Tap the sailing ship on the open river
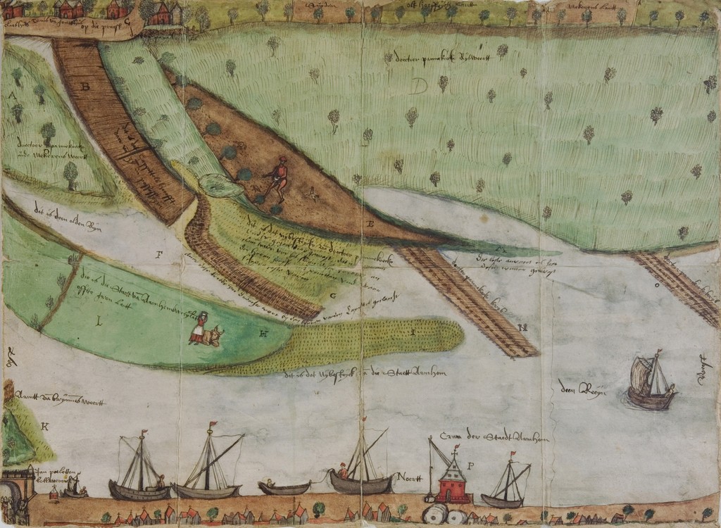pos(651,384)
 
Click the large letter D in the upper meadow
pos(420,87)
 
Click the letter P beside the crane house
pos(470,466)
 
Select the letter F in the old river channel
pos(159,255)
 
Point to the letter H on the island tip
pos(262,334)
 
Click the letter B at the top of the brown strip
pos(86,87)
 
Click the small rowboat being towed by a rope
pos(284,487)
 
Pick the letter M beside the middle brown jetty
pos(522,328)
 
